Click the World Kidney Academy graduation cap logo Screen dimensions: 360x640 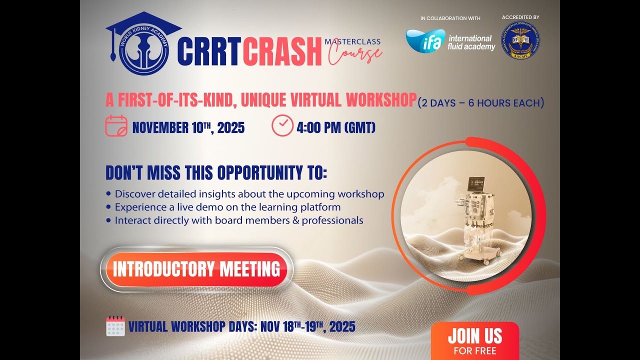coord(138,45)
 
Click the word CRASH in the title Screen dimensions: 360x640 coord(282,52)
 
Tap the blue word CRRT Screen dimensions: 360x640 coord(209,52)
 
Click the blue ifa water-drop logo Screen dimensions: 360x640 coord(425,41)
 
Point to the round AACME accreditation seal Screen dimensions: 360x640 coord(520,41)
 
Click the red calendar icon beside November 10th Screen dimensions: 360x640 coord(116,126)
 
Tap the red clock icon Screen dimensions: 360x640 coord(282,125)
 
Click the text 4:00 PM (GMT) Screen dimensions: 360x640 coord(336,127)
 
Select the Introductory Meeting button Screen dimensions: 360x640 coord(196,269)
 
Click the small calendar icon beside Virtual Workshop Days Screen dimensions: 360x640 coord(115,326)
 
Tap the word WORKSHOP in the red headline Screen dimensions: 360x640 coord(380,100)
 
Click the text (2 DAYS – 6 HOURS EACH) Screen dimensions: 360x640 coord(481,103)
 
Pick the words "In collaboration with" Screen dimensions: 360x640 coord(450,18)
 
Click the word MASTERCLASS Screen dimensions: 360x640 coord(352,41)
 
